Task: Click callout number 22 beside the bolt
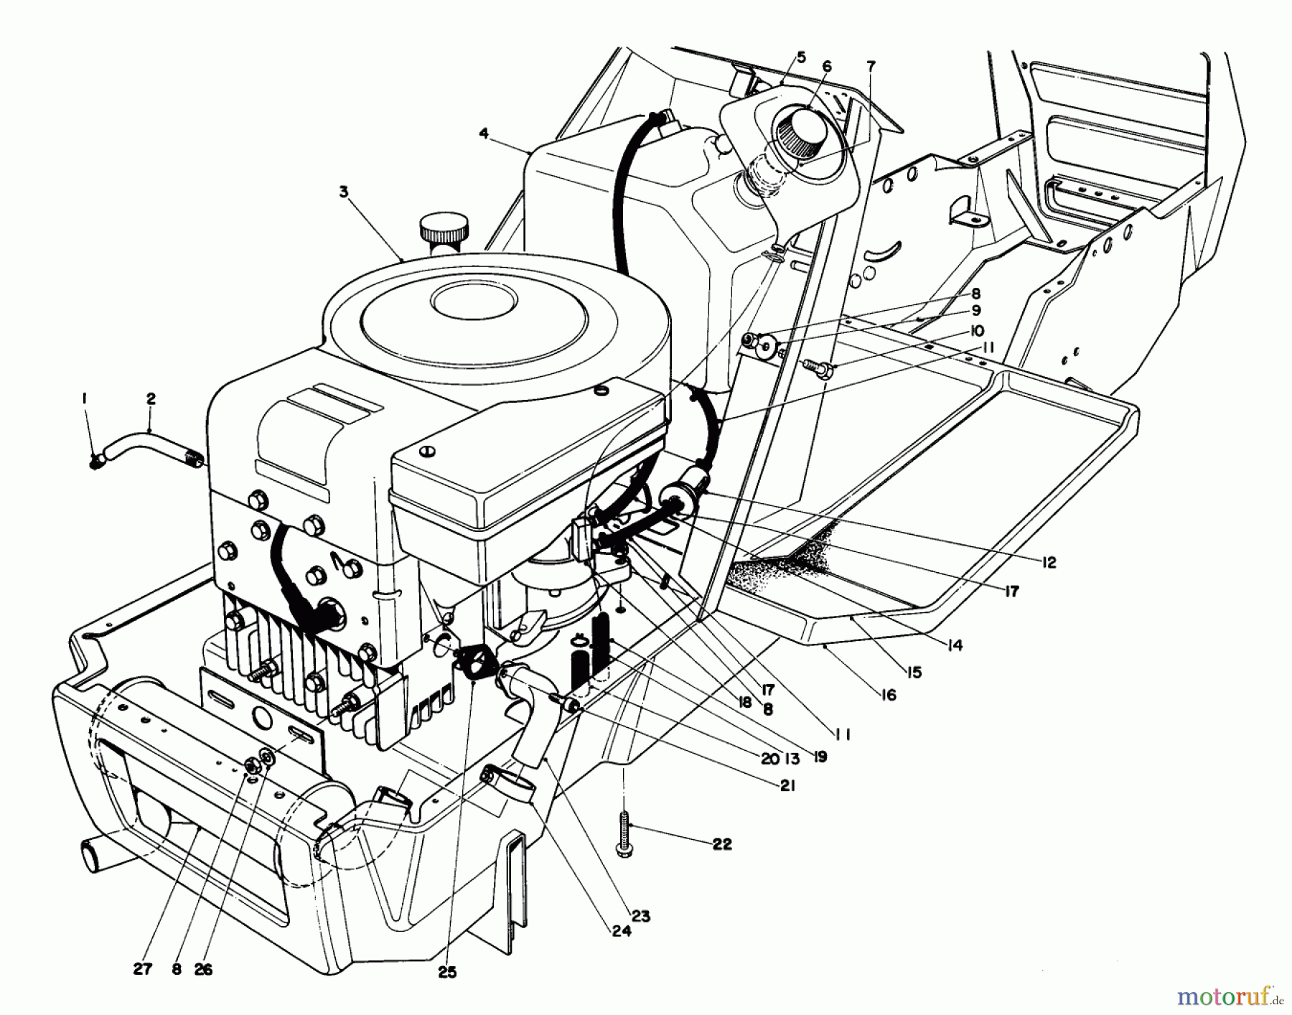coord(722,844)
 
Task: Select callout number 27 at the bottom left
coord(143,969)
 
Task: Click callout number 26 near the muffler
coord(203,969)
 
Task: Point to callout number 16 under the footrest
coord(889,695)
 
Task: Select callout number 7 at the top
coord(871,66)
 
